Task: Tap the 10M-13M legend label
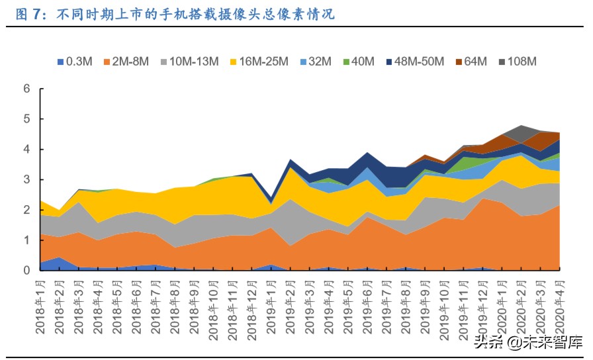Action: click(194, 62)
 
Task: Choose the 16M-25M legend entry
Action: click(264, 62)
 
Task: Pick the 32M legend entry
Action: click(319, 62)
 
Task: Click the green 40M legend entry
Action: click(362, 62)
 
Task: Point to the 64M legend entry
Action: click(476, 62)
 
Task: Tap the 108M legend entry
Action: click(521, 62)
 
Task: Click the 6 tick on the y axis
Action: click(26, 89)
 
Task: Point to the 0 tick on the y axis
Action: click(26, 271)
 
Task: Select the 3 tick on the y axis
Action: click(26, 180)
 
